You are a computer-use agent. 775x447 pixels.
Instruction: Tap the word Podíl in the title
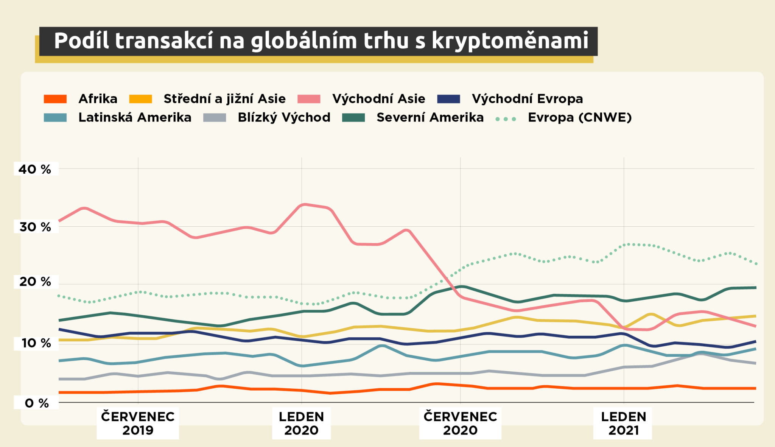point(81,40)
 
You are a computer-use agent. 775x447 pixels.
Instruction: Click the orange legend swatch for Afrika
point(55,99)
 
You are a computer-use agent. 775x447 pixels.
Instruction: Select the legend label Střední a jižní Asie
point(224,99)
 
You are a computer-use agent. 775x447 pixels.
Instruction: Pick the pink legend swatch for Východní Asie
point(309,99)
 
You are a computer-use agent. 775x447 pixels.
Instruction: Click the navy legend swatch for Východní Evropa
point(448,99)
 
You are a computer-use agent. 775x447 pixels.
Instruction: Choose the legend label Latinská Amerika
point(135,117)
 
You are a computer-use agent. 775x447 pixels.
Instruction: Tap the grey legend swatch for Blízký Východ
point(215,118)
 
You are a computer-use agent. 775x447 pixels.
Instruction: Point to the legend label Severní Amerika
point(430,117)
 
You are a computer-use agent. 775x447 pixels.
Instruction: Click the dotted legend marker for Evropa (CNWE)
point(506,119)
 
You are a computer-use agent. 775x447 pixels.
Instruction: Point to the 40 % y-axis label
point(35,169)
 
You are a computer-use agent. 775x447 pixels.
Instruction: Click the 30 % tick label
point(35,227)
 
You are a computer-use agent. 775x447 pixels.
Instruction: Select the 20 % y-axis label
point(35,282)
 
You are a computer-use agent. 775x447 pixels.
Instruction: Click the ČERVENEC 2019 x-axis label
point(138,423)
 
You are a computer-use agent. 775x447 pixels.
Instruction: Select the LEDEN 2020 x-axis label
point(301,423)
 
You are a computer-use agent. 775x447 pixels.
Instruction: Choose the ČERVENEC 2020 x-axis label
point(460,423)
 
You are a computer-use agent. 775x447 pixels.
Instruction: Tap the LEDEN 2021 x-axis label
point(623,423)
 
